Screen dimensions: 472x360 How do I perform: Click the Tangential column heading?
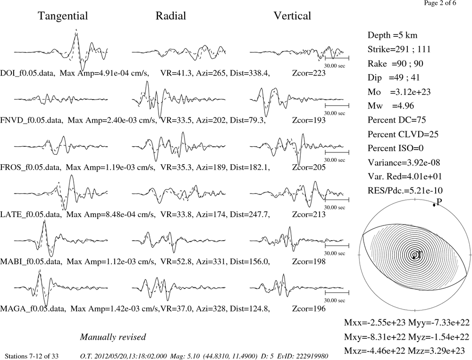(x=63, y=16)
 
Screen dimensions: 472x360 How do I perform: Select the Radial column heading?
(x=171, y=16)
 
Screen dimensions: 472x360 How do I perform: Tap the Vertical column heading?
(x=292, y=16)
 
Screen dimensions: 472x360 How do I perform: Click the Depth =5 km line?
(x=393, y=35)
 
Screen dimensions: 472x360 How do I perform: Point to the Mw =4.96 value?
(x=391, y=106)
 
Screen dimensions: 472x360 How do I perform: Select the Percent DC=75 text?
(x=397, y=120)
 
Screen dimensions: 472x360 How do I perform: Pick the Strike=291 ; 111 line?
(x=399, y=49)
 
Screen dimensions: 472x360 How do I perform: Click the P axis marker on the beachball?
(x=434, y=205)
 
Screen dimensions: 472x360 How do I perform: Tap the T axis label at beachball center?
(x=419, y=255)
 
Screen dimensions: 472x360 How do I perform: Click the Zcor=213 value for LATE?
(x=309, y=214)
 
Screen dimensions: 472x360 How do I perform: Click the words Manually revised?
(x=113, y=337)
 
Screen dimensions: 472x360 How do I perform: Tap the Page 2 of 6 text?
(x=440, y=3)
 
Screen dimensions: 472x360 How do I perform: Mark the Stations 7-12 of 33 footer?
(x=32, y=356)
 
